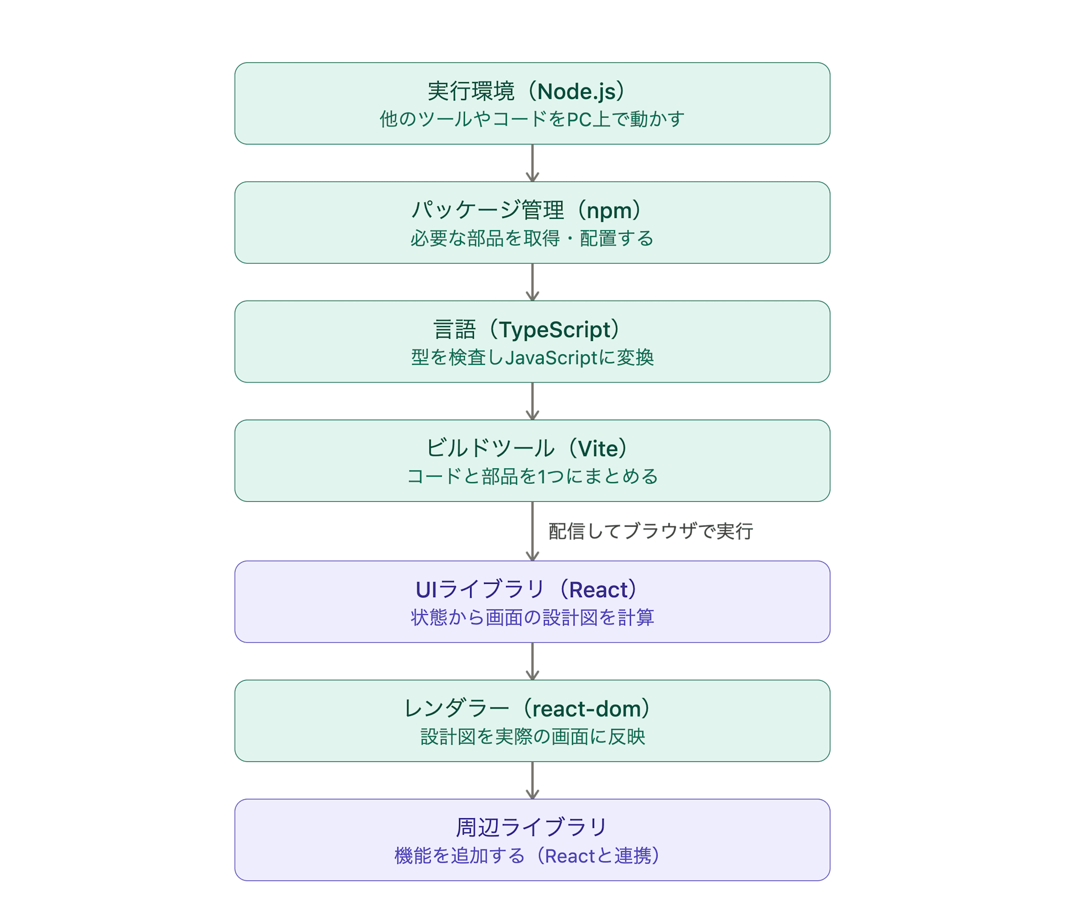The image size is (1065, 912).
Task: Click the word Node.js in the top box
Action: pyautogui.click(x=577, y=92)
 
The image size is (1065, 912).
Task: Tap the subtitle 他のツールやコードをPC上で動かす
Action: pyautogui.click(x=532, y=119)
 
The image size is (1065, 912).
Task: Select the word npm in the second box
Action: pyautogui.click(x=609, y=211)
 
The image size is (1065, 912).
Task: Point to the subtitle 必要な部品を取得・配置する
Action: pyautogui.click(x=532, y=238)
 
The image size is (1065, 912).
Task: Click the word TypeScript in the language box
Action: pyautogui.click(x=554, y=330)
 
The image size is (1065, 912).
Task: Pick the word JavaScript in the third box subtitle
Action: pyautogui.click(x=552, y=357)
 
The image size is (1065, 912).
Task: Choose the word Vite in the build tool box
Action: pyautogui.click(x=598, y=449)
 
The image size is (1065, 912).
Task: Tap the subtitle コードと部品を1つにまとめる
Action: pyautogui.click(x=532, y=476)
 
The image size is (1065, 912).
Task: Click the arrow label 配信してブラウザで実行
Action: pyautogui.click(x=651, y=531)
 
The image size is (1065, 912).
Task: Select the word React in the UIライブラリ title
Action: pyautogui.click(x=599, y=590)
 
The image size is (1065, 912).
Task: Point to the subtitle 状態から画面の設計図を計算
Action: pyautogui.click(x=532, y=617)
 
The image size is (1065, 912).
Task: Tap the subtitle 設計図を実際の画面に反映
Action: pyautogui.click(x=532, y=737)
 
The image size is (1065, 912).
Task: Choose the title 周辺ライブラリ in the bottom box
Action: pyautogui.click(x=532, y=827)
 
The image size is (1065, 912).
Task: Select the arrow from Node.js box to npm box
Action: pyautogui.click(x=532, y=163)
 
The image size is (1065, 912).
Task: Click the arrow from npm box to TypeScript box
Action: pyautogui.click(x=532, y=282)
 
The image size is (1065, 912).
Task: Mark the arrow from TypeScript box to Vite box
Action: pyautogui.click(x=532, y=401)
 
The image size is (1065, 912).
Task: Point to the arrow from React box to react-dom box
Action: pyautogui.click(x=532, y=661)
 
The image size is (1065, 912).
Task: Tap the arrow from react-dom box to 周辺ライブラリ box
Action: pyautogui.click(x=532, y=780)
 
